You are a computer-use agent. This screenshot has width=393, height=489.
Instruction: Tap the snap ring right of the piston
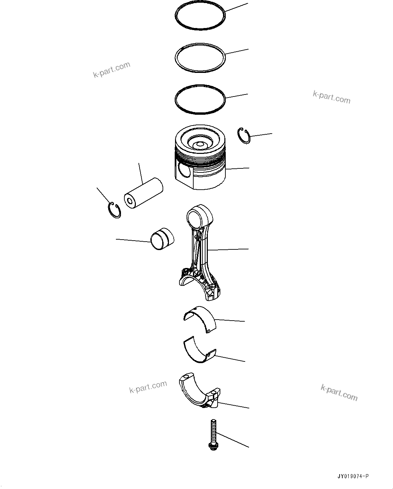click(244, 136)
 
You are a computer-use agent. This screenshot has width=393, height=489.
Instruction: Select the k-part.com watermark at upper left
click(112, 70)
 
